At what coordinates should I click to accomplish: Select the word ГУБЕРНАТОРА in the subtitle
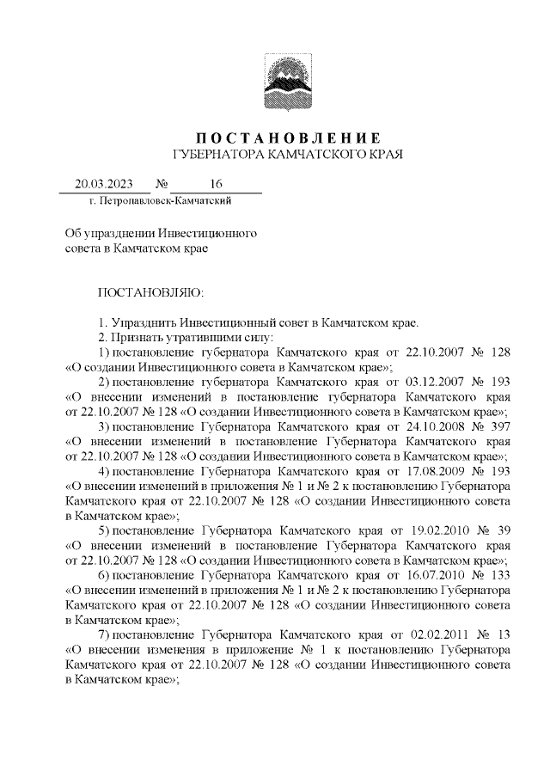(215, 155)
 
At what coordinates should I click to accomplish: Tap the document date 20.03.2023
(105, 184)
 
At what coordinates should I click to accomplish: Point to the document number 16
(215, 184)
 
